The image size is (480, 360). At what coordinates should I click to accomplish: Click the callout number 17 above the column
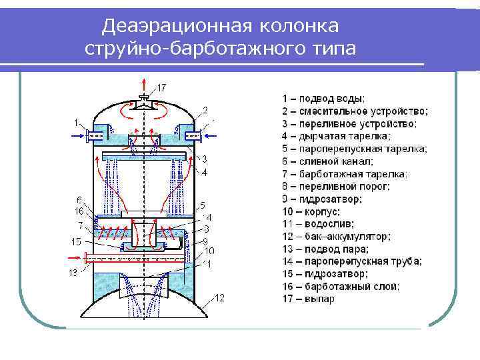(162, 87)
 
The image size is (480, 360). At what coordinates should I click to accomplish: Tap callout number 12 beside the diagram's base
(219, 297)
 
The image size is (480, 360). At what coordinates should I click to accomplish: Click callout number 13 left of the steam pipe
(73, 273)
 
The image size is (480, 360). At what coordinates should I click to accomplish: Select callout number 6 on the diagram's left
(79, 200)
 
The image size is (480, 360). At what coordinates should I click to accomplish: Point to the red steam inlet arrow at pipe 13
(78, 255)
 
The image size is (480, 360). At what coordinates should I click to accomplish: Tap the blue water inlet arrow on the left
(77, 137)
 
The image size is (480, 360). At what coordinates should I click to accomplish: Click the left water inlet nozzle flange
(89, 136)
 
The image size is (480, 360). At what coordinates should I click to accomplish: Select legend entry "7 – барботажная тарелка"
(345, 174)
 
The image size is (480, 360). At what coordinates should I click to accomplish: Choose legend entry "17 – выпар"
(309, 299)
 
